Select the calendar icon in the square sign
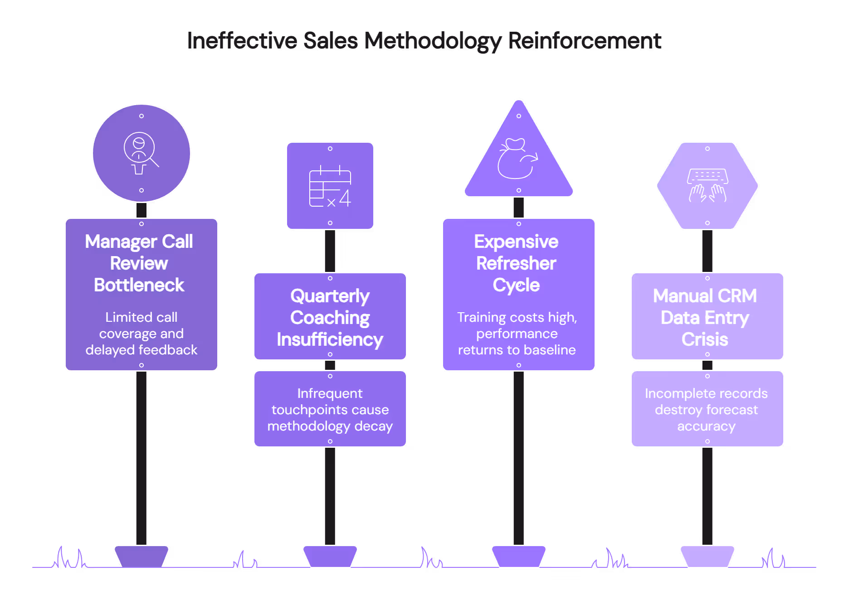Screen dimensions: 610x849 (x=330, y=186)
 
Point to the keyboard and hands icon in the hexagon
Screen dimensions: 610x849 (x=707, y=185)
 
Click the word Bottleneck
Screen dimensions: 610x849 (x=139, y=285)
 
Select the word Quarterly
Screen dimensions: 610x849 (x=330, y=296)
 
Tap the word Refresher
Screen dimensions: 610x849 (x=516, y=263)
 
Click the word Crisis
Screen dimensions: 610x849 (x=705, y=339)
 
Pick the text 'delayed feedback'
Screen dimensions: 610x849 (x=141, y=350)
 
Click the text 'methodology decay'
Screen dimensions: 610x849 (x=330, y=426)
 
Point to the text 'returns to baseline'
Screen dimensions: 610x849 (x=517, y=350)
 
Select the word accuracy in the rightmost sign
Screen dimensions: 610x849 (x=706, y=426)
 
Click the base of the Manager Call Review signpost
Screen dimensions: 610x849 (x=141, y=556)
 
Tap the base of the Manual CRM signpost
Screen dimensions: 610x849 (x=707, y=556)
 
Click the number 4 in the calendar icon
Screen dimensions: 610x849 (x=345, y=198)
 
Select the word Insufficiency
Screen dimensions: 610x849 (x=330, y=339)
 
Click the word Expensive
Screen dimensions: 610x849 (x=516, y=242)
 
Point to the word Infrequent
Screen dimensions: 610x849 (x=330, y=393)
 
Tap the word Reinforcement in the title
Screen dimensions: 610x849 (x=585, y=41)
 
